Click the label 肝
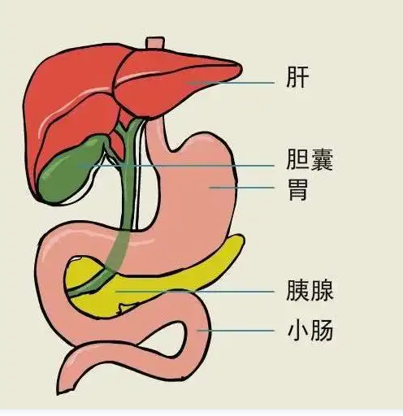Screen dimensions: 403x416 tap(297, 77)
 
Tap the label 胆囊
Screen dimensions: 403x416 tap(310, 159)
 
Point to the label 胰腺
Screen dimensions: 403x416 tap(310, 290)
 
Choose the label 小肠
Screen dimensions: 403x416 tap(310, 330)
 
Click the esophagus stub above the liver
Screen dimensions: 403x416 tap(155, 43)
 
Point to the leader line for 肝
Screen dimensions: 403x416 tap(231, 83)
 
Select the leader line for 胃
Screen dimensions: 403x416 tap(241, 187)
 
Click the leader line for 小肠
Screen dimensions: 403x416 tap(236, 331)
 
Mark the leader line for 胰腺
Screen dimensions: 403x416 tap(195, 292)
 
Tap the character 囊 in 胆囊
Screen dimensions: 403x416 tap(322, 159)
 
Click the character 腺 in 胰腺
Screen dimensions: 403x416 tap(322, 290)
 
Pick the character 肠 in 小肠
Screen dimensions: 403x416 tap(322, 330)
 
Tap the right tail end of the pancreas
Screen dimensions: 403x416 tap(241, 238)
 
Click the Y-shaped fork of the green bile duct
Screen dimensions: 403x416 tap(125, 132)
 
